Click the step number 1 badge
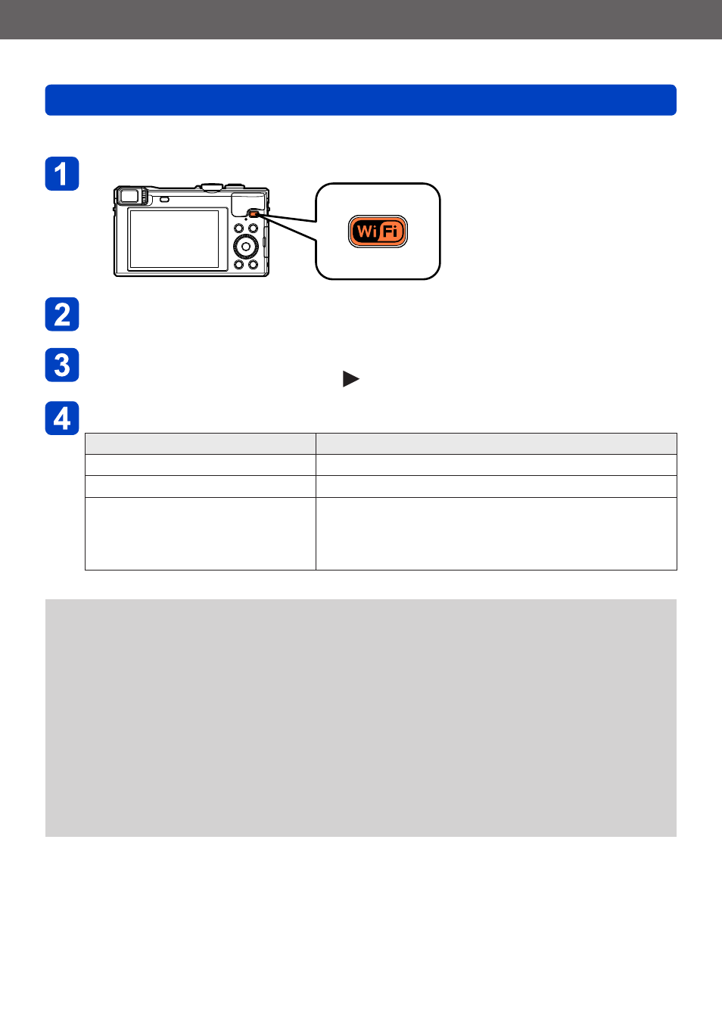62,173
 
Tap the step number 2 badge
62,314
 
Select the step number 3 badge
62,365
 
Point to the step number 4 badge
62,418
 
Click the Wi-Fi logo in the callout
378,232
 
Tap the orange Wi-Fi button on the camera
254,213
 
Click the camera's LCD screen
174,239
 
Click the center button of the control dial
246,247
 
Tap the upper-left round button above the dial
238,228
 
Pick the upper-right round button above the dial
253,228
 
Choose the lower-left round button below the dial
238,265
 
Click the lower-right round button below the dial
253,265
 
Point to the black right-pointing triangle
351,379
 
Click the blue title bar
361,100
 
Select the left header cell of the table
201,444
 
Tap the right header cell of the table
496,444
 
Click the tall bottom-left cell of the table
201,533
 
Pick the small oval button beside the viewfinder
164,199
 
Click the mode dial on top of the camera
212,186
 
